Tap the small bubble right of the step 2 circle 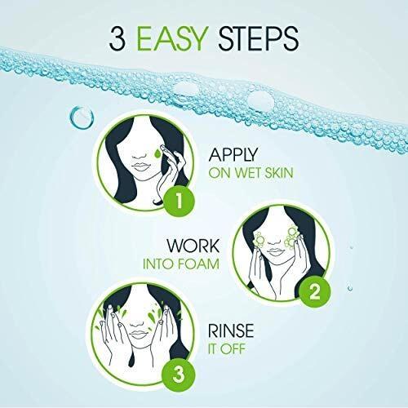(350, 288)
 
